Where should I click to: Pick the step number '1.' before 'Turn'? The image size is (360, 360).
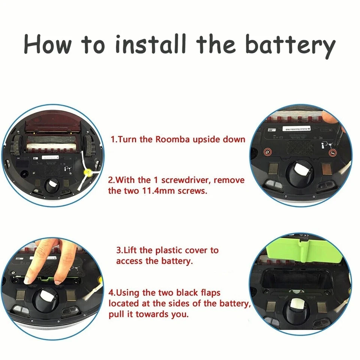pyautogui.click(x=114, y=139)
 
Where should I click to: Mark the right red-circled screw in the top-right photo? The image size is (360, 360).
pyautogui.click(x=331, y=153)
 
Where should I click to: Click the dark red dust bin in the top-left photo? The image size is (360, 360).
pyautogui.click(x=52, y=127)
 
